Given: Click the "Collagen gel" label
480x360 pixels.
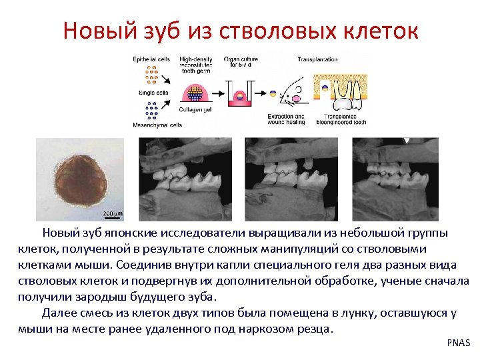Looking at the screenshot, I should tap(197, 110).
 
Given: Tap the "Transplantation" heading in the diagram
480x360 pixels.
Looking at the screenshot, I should tap(317, 59).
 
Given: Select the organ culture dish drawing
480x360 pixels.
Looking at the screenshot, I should tap(239, 93).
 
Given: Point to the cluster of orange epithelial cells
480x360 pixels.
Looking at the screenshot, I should tap(153, 76).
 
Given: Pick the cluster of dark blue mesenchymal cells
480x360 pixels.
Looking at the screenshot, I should tap(153, 109).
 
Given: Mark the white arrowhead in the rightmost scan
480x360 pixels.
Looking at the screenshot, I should tap(409, 141).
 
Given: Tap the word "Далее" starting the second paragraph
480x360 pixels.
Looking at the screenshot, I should tap(59, 313).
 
